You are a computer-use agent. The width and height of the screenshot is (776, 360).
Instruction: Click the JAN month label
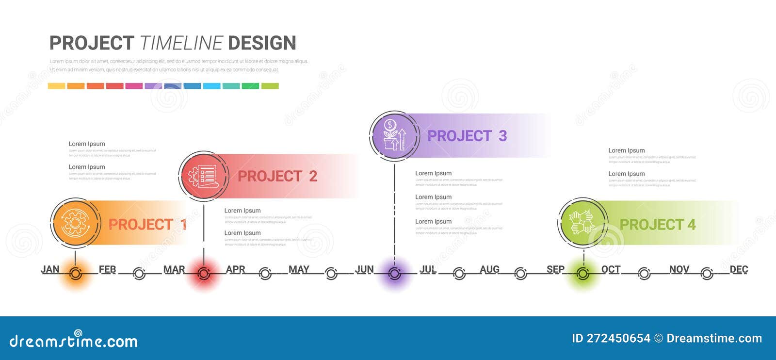50,269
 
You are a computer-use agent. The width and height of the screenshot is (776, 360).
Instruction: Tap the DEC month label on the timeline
739,269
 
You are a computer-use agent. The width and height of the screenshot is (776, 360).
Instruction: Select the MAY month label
299,269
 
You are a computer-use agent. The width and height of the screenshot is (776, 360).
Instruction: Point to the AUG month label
489,269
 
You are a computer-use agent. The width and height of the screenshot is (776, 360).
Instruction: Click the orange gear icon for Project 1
75,223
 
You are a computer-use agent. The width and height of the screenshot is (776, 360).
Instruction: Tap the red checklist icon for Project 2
204,176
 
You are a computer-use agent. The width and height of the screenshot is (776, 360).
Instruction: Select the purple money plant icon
394,135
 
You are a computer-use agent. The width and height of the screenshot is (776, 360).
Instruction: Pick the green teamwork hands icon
583,223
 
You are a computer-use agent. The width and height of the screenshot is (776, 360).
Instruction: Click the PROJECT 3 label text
467,136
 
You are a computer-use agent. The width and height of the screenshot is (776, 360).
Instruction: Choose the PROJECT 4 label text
657,225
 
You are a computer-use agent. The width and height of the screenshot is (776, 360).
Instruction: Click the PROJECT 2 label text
277,176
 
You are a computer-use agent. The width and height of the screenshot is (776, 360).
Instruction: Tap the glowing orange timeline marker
75,274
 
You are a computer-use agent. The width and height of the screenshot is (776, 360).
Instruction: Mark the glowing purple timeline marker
394,274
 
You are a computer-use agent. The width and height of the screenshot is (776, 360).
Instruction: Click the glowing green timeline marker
583,274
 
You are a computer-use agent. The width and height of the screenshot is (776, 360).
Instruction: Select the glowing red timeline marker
204,274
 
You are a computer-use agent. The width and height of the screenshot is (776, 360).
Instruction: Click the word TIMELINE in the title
181,43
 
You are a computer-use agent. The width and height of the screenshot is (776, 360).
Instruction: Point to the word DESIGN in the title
262,43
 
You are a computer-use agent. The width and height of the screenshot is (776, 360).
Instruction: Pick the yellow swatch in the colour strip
56,86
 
